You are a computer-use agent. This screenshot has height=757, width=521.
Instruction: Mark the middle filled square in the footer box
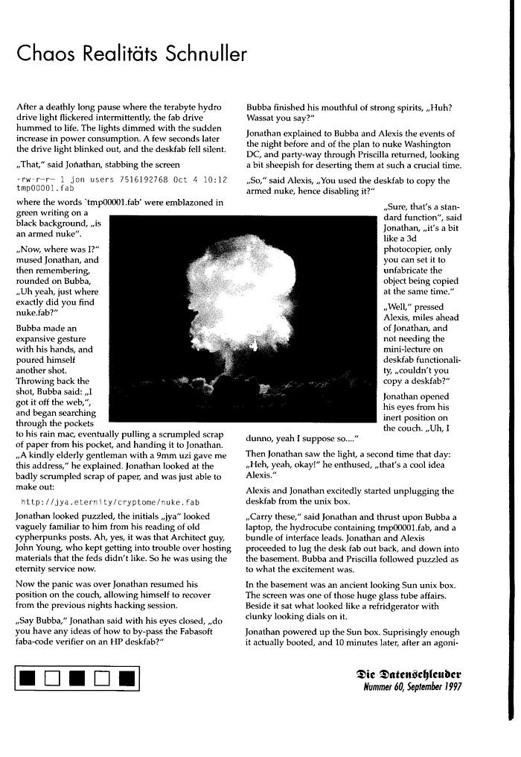tap(78, 677)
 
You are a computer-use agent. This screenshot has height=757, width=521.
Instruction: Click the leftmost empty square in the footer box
tap(52, 677)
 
